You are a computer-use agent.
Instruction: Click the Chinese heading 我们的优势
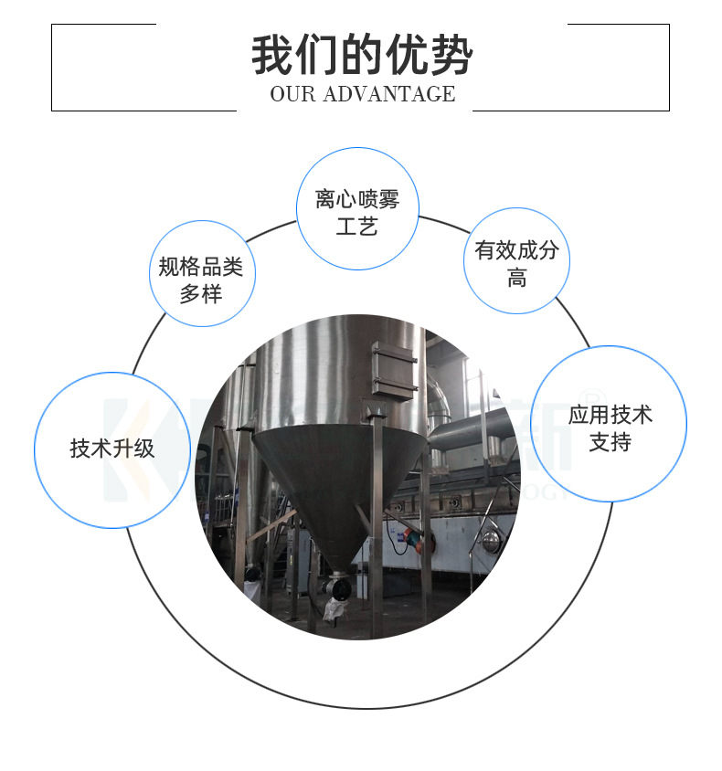pos(362,55)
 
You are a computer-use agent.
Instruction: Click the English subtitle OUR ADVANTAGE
pos(362,94)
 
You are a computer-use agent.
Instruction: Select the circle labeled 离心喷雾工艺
pos(357,208)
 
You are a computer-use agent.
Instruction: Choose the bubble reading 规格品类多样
pos(201,274)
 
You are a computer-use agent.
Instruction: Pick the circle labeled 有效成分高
pos(516,261)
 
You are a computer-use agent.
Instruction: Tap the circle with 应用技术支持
pos(610,424)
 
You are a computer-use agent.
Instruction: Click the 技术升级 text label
pos(112,449)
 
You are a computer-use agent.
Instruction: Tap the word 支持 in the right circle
pos(610,443)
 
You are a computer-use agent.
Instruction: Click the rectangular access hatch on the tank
pos(394,370)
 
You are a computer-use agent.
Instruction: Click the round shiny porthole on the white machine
pos(493,543)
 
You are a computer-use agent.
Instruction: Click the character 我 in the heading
pos(273,55)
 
